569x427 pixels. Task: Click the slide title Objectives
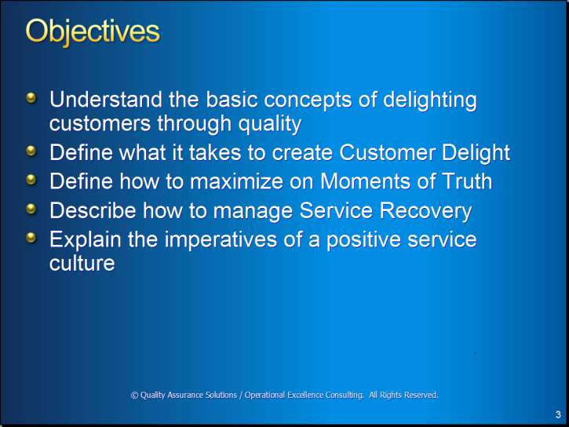click(x=93, y=32)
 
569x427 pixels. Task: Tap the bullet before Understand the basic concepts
click(x=31, y=97)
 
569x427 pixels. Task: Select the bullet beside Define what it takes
click(x=31, y=150)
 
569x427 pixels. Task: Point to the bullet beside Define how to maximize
click(x=31, y=179)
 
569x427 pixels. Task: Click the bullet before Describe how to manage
click(x=31, y=209)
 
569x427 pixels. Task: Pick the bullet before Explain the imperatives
click(x=31, y=238)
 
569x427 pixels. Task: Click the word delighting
click(x=430, y=100)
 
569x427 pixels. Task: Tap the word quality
click(x=270, y=125)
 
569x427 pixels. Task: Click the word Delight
click(x=476, y=153)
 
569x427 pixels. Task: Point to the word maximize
click(x=236, y=181)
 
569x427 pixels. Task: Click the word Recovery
click(x=425, y=211)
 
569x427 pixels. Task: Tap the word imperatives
click(x=221, y=240)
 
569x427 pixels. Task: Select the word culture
click(x=82, y=263)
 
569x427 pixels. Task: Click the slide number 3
click(x=558, y=414)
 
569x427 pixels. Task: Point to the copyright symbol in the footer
click(x=134, y=395)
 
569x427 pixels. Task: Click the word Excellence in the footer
click(x=305, y=395)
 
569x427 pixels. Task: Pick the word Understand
click(x=106, y=100)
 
